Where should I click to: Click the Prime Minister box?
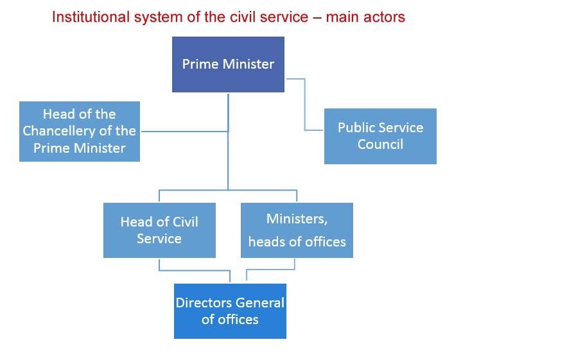tap(228, 64)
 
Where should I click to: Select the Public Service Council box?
tap(380, 136)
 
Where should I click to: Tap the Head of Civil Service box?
tap(159, 230)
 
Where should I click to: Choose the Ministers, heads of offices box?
tap(297, 230)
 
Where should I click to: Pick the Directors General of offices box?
tap(230, 311)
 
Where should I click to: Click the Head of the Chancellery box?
tap(80, 132)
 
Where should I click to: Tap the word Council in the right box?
tap(380, 144)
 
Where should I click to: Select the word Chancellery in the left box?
tap(80, 132)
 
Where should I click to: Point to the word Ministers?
tap(297, 219)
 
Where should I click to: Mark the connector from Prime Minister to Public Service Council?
tap(305, 106)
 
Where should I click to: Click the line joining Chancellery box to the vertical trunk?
tap(184, 132)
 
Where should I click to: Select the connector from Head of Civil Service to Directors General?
tap(193, 270)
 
